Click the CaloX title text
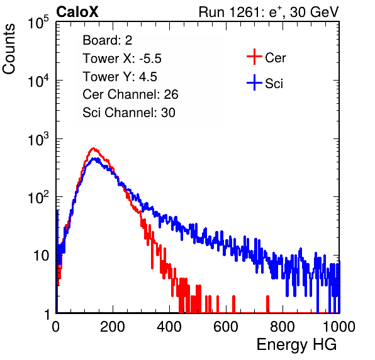point(77,12)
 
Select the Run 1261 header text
point(269,12)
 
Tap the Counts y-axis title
point(9,49)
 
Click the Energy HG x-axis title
point(296,344)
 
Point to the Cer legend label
point(275,58)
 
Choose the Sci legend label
point(274,84)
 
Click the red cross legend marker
point(254,57)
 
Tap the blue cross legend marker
point(254,82)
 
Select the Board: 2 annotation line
point(107,40)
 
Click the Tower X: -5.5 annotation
point(122,59)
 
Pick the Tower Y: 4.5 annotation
point(120,77)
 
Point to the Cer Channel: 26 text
point(130,94)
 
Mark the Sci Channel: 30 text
point(129,113)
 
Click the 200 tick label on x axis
point(113,326)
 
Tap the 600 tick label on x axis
point(226,326)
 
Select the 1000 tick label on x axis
point(339,326)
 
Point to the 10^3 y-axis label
point(38,139)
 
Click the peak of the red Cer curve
point(94,148)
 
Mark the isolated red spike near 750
point(267,304)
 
